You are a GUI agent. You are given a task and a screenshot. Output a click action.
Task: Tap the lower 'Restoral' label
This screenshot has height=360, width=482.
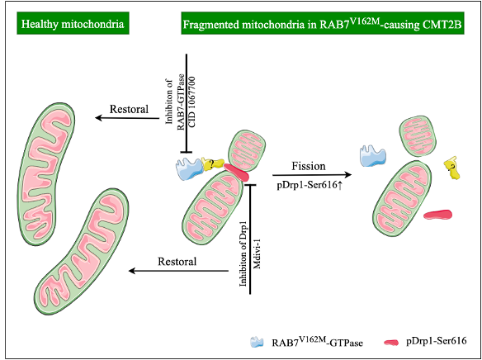tap(176, 262)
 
